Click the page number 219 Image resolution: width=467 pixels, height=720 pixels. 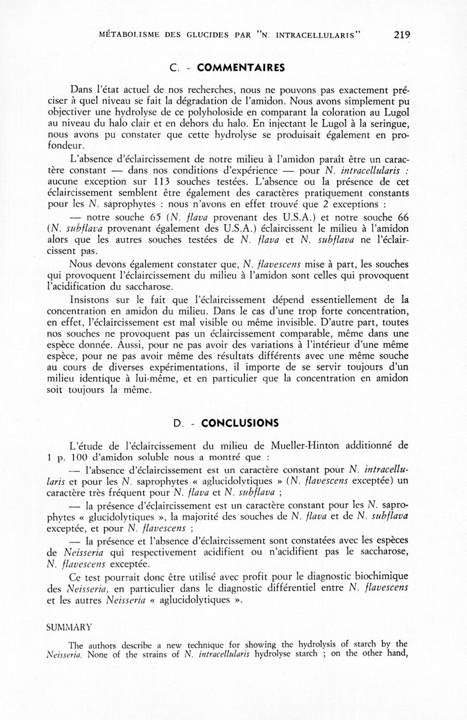402,34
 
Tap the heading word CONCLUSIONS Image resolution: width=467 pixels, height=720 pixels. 240,423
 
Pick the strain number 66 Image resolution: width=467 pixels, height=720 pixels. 402,216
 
